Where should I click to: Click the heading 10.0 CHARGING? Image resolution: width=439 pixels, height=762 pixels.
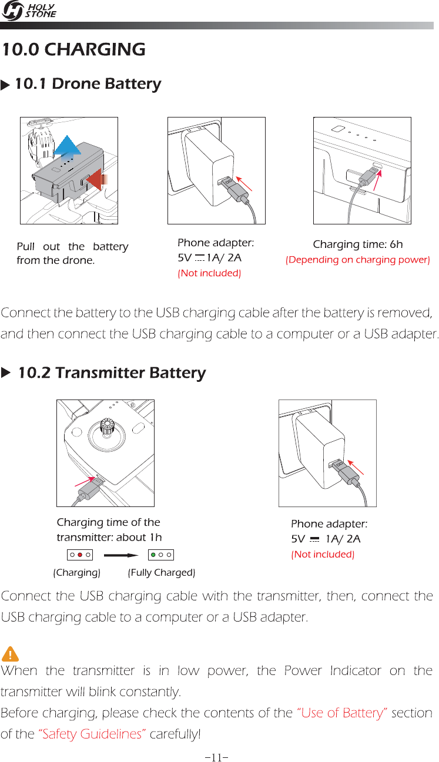tap(73, 49)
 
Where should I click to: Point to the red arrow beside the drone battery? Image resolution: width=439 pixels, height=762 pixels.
tap(96, 179)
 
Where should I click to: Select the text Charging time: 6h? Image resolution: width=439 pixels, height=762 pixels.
tap(357, 244)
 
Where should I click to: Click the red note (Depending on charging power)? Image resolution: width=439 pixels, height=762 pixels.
tap(357, 260)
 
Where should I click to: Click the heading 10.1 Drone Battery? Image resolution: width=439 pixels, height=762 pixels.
tap(88, 84)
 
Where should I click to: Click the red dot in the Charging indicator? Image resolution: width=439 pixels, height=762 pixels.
tap(79, 554)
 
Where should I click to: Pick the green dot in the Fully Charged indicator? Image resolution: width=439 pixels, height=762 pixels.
tap(153, 554)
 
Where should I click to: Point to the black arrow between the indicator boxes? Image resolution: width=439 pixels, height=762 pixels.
tap(122, 554)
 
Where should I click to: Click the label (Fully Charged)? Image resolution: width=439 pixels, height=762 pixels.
tap(162, 572)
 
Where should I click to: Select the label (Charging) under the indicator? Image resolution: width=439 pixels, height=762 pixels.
tap(76, 572)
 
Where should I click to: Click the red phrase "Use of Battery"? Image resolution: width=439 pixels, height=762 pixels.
tap(342, 713)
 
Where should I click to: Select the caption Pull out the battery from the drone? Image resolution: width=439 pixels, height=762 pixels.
tap(72, 253)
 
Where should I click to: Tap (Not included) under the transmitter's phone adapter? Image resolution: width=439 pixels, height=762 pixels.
tap(323, 555)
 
